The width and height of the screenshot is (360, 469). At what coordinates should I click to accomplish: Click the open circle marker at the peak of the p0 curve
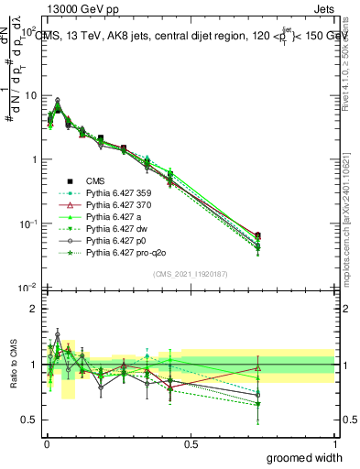(58, 100)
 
